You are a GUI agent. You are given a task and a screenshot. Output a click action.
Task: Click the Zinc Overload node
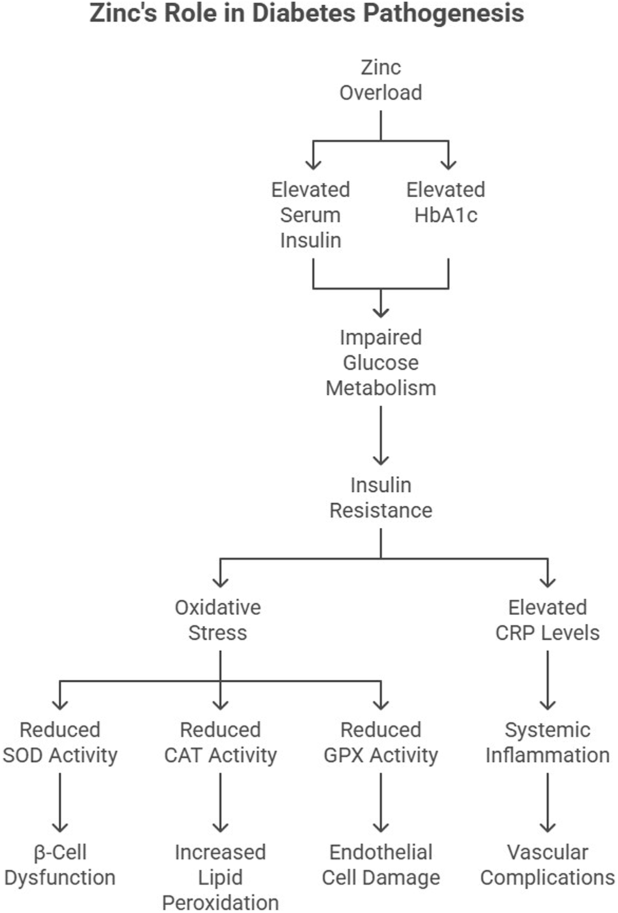pyautogui.click(x=381, y=80)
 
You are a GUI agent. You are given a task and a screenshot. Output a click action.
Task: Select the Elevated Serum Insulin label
pyautogui.click(x=311, y=215)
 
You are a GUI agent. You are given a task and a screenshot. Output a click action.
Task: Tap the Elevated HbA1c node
pyautogui.click(x=446, y=202)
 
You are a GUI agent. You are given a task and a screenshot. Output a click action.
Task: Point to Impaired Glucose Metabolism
pyautogui.click(x=381, y=363)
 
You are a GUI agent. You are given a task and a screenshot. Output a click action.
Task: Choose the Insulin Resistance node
pyautogui.click(x=381, y=498)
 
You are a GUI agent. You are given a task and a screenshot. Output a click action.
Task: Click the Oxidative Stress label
pyautogui.click(x=218, y=620)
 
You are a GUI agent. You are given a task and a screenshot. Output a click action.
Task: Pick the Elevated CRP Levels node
pyautogui.click(x=547, y=620)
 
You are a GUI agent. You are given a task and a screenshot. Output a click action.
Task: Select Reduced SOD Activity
pyautogui.click(x=60, y=742)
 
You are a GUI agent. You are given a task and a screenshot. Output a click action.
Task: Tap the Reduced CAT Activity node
pyautogui.click(x=221, y=742)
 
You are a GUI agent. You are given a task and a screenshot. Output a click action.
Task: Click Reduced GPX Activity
pyautogui.click(x=381, y=742)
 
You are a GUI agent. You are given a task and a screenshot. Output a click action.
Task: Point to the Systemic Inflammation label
pyautogui.click(x=547, y=742)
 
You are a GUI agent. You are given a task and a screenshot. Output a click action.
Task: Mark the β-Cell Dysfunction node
pyautogui.click(x=60, y=864)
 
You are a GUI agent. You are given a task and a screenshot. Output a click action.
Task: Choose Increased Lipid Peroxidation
pyautogui.click(x=221, y=877)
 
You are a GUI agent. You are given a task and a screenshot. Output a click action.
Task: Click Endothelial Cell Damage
pyautogui.click(x=381, y=864)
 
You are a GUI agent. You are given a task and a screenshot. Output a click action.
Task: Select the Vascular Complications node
pyautogui.click(x=547, y=864)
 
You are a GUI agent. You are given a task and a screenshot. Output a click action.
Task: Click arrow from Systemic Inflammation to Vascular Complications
pyautogui.click(x=547, y=802)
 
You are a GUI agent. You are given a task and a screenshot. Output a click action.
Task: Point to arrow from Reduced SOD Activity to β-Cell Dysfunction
pyautogui.click(x=60, y=802)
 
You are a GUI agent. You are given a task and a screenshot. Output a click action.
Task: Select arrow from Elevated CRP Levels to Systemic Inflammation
pyautogui.click(x=547, y=680)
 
